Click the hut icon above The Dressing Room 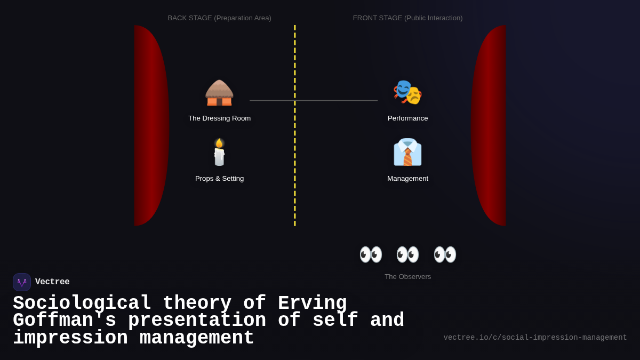click(219, 93)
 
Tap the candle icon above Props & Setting click(219, 153)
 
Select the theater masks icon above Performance click(407, 92)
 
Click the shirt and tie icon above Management click(407, 153)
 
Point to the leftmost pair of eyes click(371, 254)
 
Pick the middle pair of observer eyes click(407, 254)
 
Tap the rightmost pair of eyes click(445, 254)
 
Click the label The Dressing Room click(219, 118)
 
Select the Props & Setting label click(219, 179)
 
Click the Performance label click(407, 118)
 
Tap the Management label click(407, 179)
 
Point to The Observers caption click(407, 277)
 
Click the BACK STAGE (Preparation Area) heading click(219, 18)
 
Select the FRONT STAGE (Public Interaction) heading click(407, 18)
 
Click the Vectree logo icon click(22, 282)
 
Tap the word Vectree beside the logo click(52, 282)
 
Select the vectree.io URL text click(535, 338)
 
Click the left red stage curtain click(151, 125)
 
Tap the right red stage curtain click(489, 125)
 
